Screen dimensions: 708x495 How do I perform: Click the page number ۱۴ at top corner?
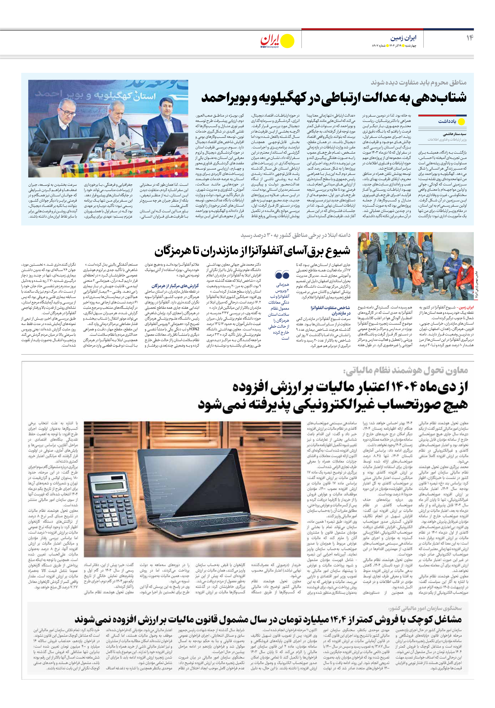[x=470, y=38]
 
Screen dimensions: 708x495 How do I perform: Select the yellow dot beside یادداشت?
[x=461, y=122]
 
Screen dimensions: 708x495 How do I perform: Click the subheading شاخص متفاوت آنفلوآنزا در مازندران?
[x=330, y=310]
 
